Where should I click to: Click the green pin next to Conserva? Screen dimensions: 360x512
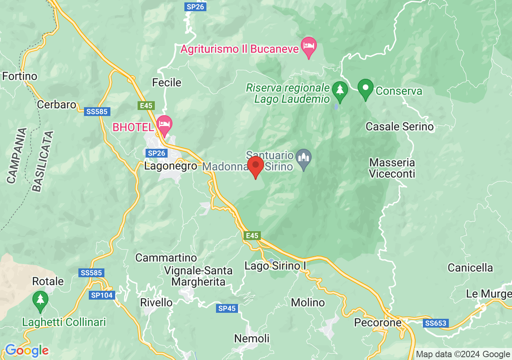pyautogui.click(x=365, y=89)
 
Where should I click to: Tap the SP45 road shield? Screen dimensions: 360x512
pyautogui.click(x=227, y=308)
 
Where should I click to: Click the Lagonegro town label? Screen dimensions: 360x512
pyautogui.click(x=171, y=166)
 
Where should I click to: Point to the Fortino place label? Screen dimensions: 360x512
pyautogui.click(x=20, y=76)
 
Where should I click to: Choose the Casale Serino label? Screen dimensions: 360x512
pyautogui.click(x=400, y=127)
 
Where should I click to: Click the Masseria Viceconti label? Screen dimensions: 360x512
pyautogui.click(x=392, y=168)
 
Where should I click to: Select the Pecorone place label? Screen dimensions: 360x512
pyautogui.click(x=378, y=322)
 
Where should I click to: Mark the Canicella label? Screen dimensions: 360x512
pyautogui.click(x=470, y=268)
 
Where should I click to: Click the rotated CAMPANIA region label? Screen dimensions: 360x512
pyautogui.click(x=16, y=156)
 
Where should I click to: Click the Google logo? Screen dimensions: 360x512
pyautogui.click(x=26, y=351)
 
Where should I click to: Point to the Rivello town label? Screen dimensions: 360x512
pyautogui.click(x=156, y=302)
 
